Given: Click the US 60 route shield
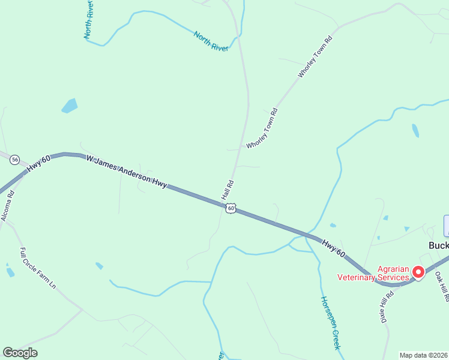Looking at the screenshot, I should [x=231, y=208].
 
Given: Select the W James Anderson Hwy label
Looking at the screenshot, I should [x=126, y=172].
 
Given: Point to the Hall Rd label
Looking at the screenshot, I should [x=228, y=190].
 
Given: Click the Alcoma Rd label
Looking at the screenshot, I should [x=7, y=205].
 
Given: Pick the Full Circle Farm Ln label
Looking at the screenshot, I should [x=38, y=268].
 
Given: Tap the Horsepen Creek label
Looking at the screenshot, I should [x=330, y=323].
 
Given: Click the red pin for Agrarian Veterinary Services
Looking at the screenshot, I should [x=418, y=272].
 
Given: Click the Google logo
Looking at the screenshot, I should [x=20, y=352].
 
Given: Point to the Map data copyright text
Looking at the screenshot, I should [x=423, y=355].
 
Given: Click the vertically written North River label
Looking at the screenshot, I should [x=88, y=19].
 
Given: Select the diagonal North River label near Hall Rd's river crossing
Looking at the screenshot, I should [x=211, y=41].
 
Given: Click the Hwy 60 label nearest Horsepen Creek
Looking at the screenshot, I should [x=333, y=249].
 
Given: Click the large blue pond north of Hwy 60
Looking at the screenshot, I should [x=70, y=106].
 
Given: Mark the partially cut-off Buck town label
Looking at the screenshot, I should [x=438, y=245].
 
